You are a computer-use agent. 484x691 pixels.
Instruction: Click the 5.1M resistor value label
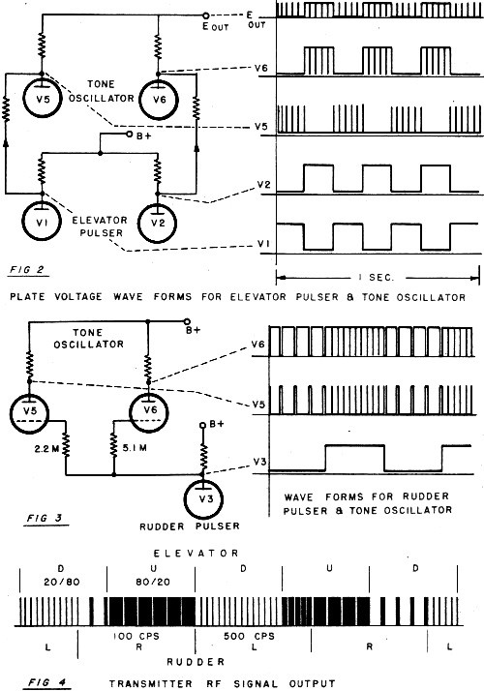coord(135,448)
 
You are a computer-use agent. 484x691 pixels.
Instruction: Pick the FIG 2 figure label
coord(27,269)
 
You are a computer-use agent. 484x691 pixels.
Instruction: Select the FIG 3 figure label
coord(45,519)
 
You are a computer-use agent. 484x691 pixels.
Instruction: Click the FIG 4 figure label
coord(47,683)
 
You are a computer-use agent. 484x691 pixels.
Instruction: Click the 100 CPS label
coord(136,637)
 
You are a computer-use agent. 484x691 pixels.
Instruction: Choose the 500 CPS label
coord(249,637)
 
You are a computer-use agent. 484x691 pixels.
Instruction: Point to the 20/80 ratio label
coord(62,582)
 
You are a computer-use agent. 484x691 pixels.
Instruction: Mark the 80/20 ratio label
coord(153,582)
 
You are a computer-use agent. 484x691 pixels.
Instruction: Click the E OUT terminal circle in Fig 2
coord(206,15)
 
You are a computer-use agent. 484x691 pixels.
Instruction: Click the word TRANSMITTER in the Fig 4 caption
coord(151,684)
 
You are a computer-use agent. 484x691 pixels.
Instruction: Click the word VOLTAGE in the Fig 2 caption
coord(78,296)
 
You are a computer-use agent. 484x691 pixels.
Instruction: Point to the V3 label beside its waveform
coord(259,463)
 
